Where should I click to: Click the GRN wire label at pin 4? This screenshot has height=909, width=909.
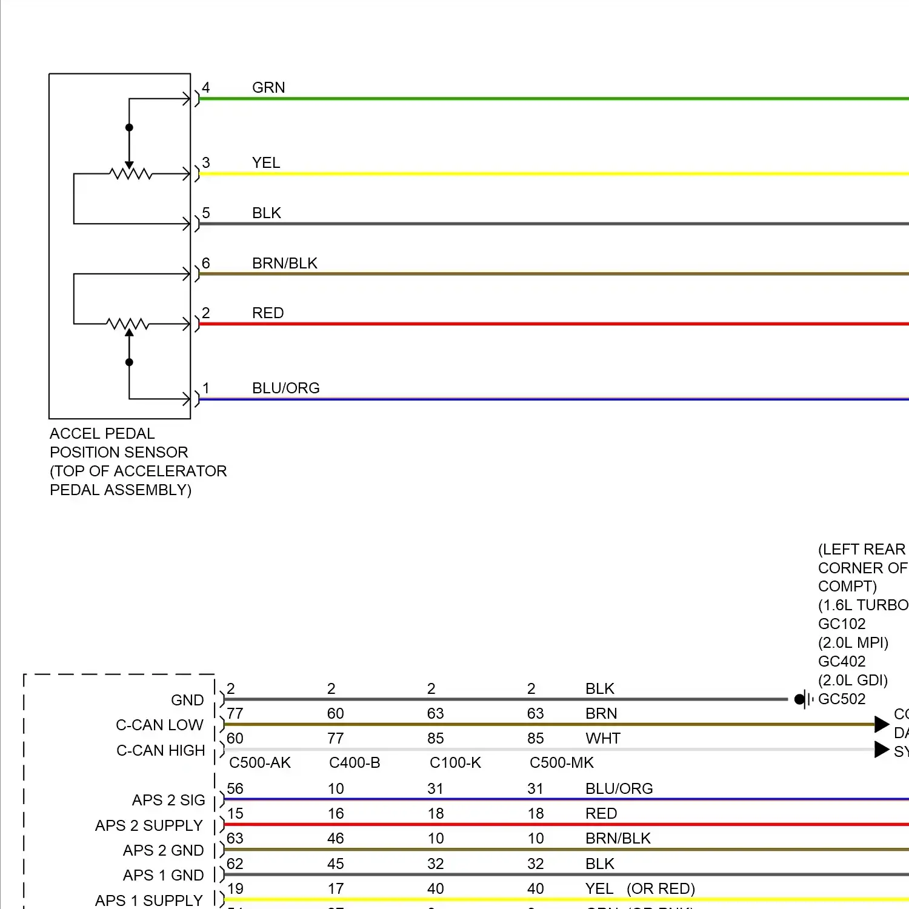268,88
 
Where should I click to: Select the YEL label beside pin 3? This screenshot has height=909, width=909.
266,163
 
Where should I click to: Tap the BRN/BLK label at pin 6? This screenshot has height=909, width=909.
285,264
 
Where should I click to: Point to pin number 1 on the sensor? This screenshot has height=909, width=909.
206,388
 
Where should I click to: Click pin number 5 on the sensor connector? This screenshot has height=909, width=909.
206,213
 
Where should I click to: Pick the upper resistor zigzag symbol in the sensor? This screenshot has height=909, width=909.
130,175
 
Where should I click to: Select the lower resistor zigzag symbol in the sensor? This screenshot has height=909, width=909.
128,324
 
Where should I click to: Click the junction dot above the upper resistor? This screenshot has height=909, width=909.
129,127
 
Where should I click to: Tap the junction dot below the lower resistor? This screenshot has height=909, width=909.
129,362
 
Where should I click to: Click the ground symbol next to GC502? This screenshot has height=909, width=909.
804,699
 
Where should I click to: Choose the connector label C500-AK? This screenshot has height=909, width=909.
260,763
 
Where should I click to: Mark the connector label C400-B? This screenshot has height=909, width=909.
355,763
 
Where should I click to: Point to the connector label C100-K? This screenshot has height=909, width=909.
455,763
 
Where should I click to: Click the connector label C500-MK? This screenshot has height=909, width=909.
562,763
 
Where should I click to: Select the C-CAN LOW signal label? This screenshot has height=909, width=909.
159,725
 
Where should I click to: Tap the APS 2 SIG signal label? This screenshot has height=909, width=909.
168,801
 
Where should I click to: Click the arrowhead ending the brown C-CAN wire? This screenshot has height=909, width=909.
882,724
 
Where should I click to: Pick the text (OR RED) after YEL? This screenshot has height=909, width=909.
661,889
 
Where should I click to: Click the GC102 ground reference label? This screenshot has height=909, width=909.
842,624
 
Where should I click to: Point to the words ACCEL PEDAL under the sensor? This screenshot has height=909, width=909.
102,434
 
